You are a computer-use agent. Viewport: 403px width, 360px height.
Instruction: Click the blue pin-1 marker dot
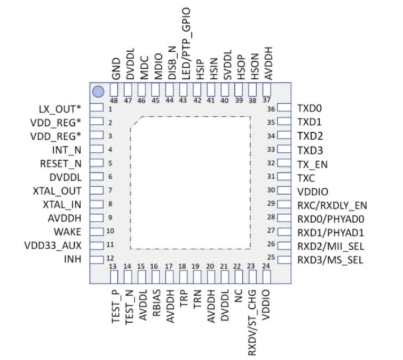[x=97, y=92]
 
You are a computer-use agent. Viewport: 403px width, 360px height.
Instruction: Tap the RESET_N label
[x=61, y=163]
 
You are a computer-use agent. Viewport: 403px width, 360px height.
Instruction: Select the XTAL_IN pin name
[x=62, y=204]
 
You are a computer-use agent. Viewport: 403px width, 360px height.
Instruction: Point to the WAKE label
[x=67, y=231]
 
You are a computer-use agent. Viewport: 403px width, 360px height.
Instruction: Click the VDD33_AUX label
[x=52, y=245]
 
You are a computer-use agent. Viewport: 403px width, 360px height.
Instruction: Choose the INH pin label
[x=73, y=259]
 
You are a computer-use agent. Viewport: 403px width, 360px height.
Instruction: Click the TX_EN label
[x=312, y=164]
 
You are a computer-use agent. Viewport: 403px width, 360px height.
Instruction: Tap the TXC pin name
[x=306, y=177]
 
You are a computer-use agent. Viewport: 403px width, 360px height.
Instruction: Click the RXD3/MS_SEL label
[x=330, y=260]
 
